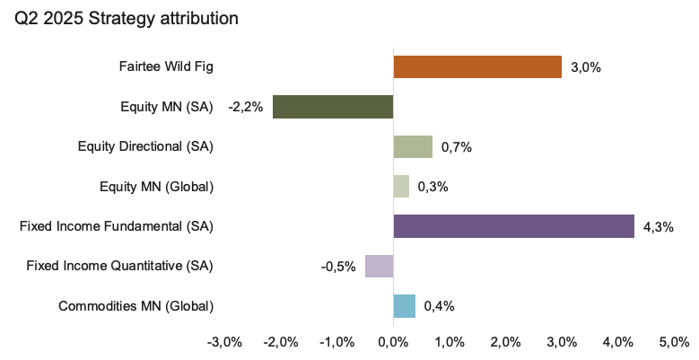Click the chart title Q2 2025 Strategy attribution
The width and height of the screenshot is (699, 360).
click(126, 18)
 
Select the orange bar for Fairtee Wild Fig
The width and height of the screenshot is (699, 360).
click(477, 67)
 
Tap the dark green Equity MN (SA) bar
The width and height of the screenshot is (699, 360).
click(333, 107)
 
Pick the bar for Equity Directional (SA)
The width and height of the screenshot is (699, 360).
click(413, 146)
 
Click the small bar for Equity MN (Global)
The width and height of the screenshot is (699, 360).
click(401, 186)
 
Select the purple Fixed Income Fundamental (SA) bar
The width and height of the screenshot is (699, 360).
click(513, 226)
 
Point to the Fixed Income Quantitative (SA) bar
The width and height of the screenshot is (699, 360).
click(379, 266)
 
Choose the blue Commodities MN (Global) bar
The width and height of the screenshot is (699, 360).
click(404, 305)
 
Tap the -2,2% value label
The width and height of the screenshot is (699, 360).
click(246, 108)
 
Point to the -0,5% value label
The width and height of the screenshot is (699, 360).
click(338, 267)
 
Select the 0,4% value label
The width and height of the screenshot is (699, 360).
click(440, 306)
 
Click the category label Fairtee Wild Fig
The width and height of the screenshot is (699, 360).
click(166, 67)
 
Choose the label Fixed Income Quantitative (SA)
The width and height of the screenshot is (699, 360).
click(120, 266)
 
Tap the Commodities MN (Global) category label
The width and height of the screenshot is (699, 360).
click(135, 305)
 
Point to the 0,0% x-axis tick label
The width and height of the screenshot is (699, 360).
click(393, 342)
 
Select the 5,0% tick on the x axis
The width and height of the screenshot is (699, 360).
click(673, 342)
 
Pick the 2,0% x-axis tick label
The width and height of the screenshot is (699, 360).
click(505, 342)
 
